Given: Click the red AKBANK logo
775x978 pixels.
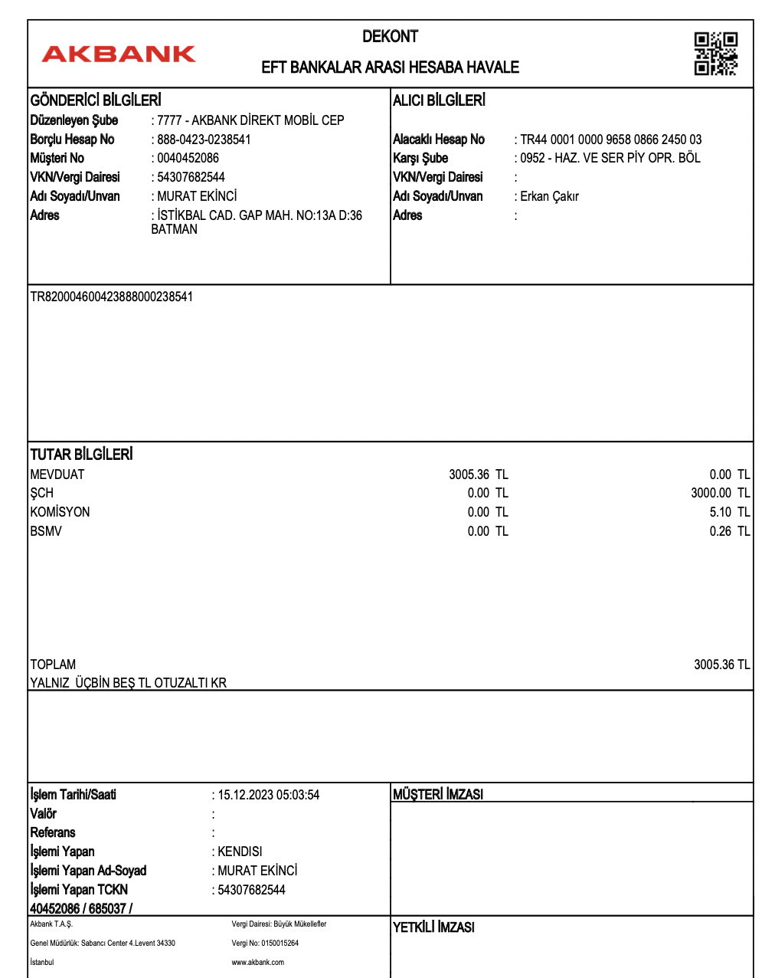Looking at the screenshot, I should click(x=119, y=54).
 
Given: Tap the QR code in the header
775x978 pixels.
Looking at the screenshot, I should click(x=715, y=54).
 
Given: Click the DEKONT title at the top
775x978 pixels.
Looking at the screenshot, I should click(x=390, y=36).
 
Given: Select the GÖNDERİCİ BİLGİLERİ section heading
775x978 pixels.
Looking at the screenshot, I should click(x=96, y=100).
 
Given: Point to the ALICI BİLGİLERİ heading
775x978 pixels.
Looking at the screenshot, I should click(x=439, y=100).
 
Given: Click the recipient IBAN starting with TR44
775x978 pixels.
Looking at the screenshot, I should click(x=610, y=139).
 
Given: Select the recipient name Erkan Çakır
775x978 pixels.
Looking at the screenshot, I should click(x=549, y=196).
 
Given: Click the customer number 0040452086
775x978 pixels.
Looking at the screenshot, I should click(x=188, y=158).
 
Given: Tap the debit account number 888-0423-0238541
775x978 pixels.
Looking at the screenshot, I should click(x=204, y=139).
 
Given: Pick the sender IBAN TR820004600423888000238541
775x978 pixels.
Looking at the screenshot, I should click(x=112, y=297).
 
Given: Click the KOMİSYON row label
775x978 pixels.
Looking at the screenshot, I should click(x=60, y=512).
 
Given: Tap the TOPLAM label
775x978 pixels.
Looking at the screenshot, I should click(x=53, y=665).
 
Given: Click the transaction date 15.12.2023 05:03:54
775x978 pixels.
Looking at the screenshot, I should click(x=268, y=795).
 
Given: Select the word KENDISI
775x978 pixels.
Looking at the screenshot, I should click(x=240, y=852).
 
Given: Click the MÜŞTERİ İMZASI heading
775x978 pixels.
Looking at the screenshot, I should click(x=438, y=795).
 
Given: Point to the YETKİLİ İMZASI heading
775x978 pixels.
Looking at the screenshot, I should click(x=433, y=927).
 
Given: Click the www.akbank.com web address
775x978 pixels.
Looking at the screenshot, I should click(x=257, y=963).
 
